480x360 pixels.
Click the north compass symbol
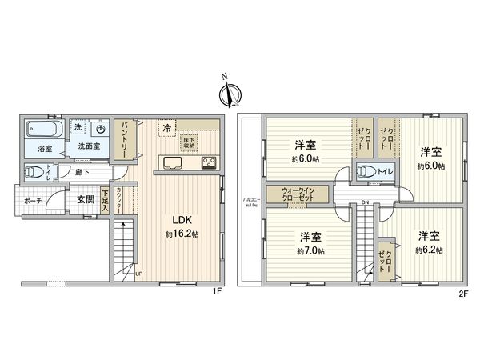pyautogui.click(x=229, y=94)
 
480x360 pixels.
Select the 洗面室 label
pyautogui.click(x=90, y=147)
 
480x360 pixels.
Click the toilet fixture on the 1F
pyautogui.click(x=39, y=172)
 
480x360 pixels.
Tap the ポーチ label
pyautogui.click(x=33, y=200)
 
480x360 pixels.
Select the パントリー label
pyautogui.click(x=126, y=139)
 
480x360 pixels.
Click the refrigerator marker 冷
pyautogui.click(x=166, y=128)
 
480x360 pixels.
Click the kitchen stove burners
pyautogui.click(x=210, y=164)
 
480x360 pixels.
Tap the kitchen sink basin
pyautogui.click(x=175, y=164)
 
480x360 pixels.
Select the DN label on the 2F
pyautogui.click(x=364, y=202)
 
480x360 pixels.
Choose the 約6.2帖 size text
pyautogui.click(x=428, y=249)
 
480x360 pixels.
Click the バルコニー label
pyautogui.click(x=248, y=200)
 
